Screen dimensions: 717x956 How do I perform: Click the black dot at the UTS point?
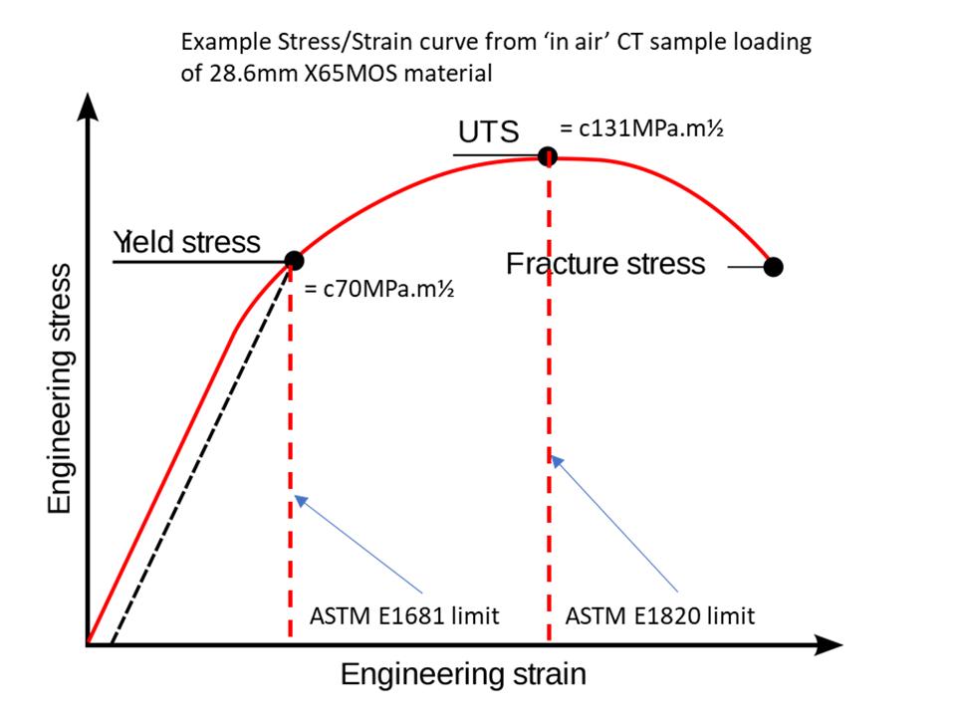click(x=547, y=156)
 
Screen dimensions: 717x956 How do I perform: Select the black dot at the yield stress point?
click(x=293, y=261)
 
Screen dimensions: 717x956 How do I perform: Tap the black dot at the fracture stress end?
click(x=773, y=266)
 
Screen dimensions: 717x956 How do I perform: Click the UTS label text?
click(x=488, y=132)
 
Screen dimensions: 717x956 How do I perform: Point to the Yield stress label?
click(x=187, y=242)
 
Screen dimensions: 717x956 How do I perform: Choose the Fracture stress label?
click(x=605, y=264)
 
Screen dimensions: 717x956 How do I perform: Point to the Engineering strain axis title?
click(x=463, y=674)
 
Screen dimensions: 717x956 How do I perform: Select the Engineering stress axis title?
click(x=61, y=389)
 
